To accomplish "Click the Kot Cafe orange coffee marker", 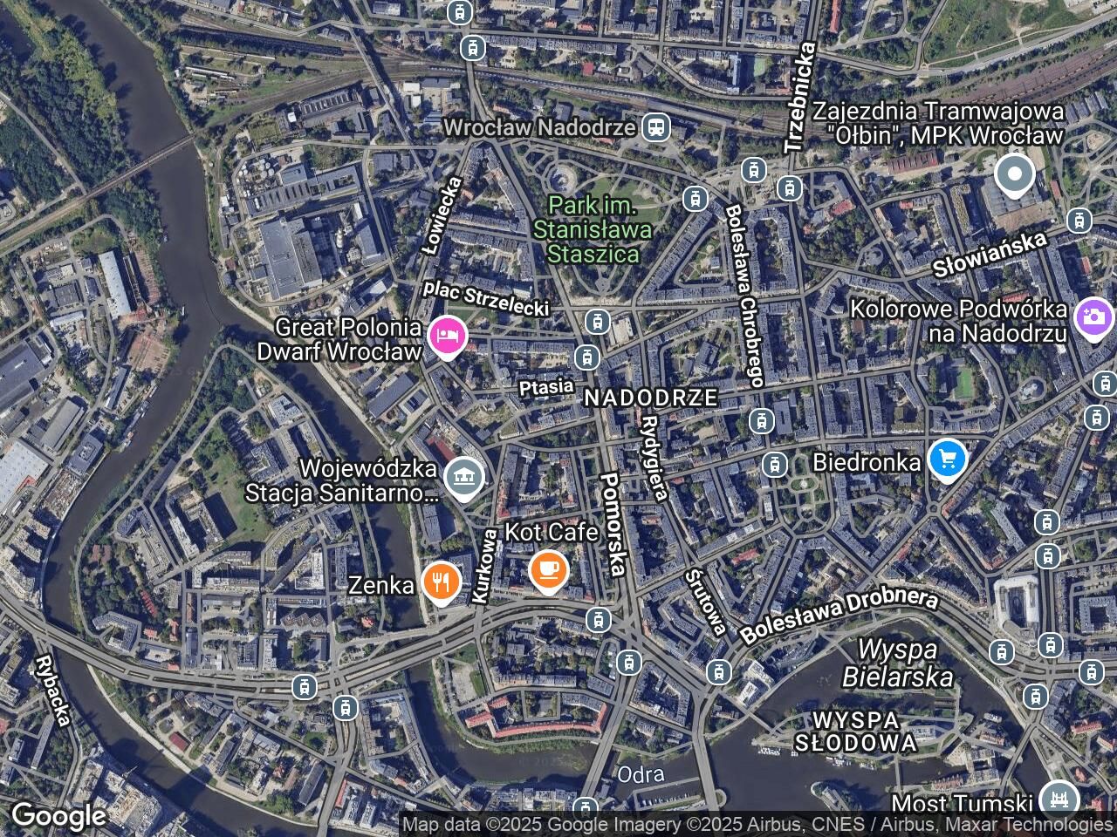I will (548, 571).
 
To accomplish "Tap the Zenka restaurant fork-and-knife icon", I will (442, 582).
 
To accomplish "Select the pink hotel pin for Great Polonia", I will (447, 336).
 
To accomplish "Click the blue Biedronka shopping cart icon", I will (947, 458).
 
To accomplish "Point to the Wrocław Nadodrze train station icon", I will (655, 127).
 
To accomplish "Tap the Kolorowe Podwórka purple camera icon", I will (1093, 318).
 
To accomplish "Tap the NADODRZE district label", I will (651, 398).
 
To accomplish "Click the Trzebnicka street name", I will (800, 98).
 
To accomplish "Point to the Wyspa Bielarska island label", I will (897, 663).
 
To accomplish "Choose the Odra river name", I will (641, 774).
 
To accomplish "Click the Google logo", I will (58, 816).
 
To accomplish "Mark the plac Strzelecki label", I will (486, 297).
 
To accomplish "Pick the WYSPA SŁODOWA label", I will (855, 732).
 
